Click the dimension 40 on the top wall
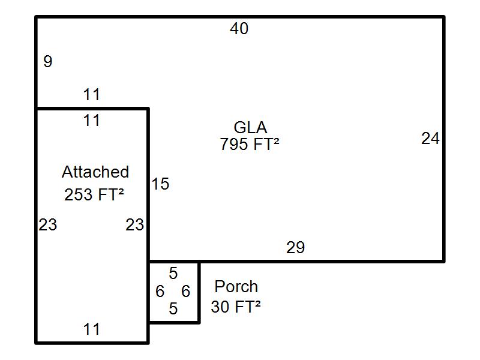point(239,29)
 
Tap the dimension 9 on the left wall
point(48,61)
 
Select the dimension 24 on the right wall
point(430,139)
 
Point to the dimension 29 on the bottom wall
point(295,247)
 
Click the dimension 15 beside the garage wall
point(160,184)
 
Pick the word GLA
point(250,127)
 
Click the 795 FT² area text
point(250,145)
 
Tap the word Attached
point(95,172)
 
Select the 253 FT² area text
point(94,194)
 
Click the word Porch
point(236,287)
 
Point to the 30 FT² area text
point(236,307)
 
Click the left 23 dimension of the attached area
point(48,225)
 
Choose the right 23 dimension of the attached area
point(134,225)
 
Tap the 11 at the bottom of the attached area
point(91,329)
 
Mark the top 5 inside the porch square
point(173,274)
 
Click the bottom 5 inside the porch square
point(173,309)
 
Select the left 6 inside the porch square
point(160,292)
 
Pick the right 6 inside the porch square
point(186,292)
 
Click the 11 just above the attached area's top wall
point(91,95)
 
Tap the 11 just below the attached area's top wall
point(91,121)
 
